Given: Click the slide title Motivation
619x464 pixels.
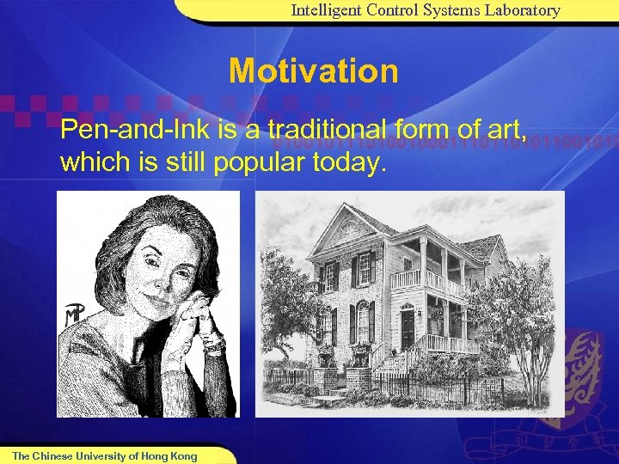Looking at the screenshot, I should (313, 71).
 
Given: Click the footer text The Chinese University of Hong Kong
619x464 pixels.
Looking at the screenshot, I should (104, 455).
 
